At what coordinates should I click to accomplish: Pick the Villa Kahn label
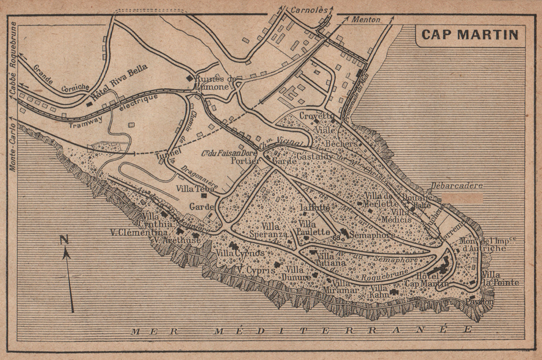coord(379,291)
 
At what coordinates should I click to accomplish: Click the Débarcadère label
coord(456,186)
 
